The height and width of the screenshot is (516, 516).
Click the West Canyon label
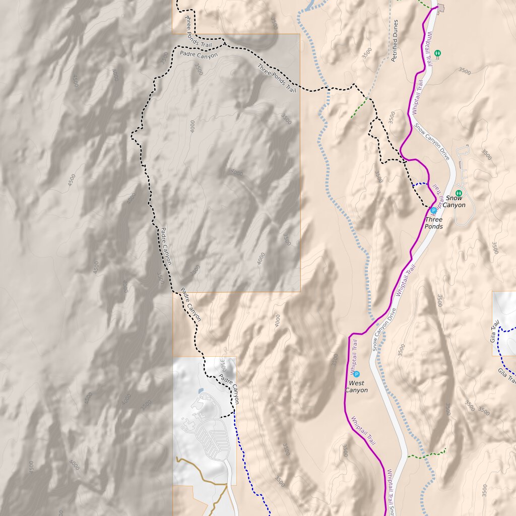pyautogui.click(x=356, y=386)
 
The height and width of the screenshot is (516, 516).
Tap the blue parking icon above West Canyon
pyautogui.click(x=357, y=374)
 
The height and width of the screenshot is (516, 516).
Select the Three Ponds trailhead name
pyautogui.click(x=433, y=223)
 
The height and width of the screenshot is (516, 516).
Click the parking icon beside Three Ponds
pyautogui.click(x=433, y=210)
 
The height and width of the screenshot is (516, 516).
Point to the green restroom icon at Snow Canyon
pyautogui.click(x=458, y=193)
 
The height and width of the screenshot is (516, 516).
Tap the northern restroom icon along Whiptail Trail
pyautogui.click(x=437, y=53)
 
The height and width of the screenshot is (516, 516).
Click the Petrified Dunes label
pyautogui.click(x=396, y=40)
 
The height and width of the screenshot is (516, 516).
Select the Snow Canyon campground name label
pyautogui.click(x=454, y=202)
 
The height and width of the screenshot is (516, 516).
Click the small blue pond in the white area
pyautogui.click(x=200, y=391)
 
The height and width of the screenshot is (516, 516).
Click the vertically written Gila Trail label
pyautogui.click(x=495, y=331)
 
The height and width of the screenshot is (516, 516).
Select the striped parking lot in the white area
pyautogui.click(x=212, y=436)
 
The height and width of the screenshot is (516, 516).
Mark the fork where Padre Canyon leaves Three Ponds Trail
pyautogui.click(x=223, y=44)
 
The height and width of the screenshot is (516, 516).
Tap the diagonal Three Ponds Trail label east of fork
pyautogui.click(x=276, y=78)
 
